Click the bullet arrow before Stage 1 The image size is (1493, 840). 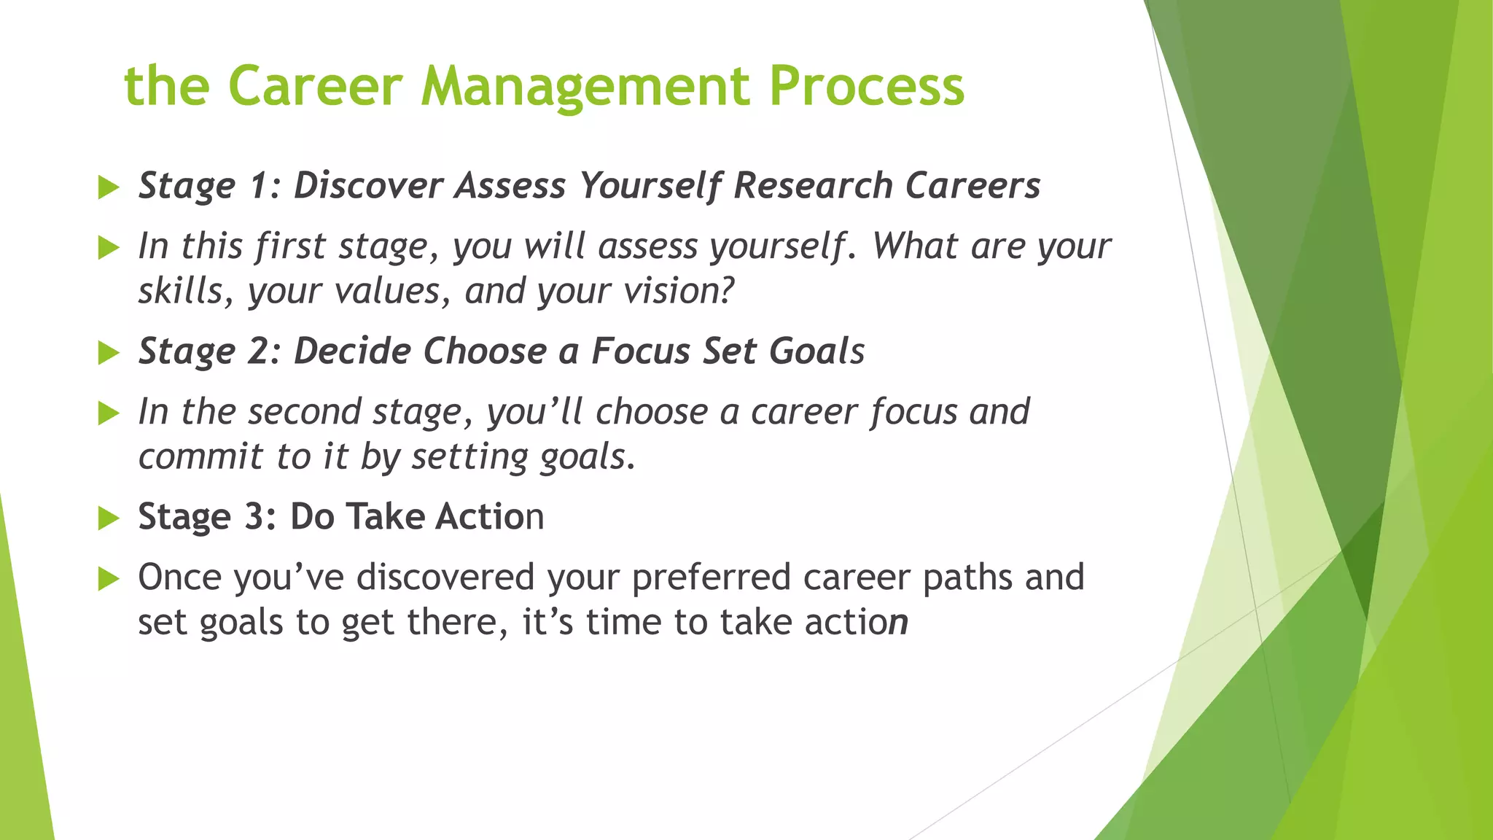pos(108,187)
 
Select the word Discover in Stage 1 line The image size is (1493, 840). pos(368,185)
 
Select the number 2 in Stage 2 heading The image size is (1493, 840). pos(258,351)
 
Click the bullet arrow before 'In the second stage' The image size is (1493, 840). pos(108,413)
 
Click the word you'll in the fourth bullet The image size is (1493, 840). pos(534,411)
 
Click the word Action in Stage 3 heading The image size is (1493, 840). pos(489,516)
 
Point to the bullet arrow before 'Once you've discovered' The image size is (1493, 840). pos(108,579)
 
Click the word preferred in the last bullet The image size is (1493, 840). pos(711,577)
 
